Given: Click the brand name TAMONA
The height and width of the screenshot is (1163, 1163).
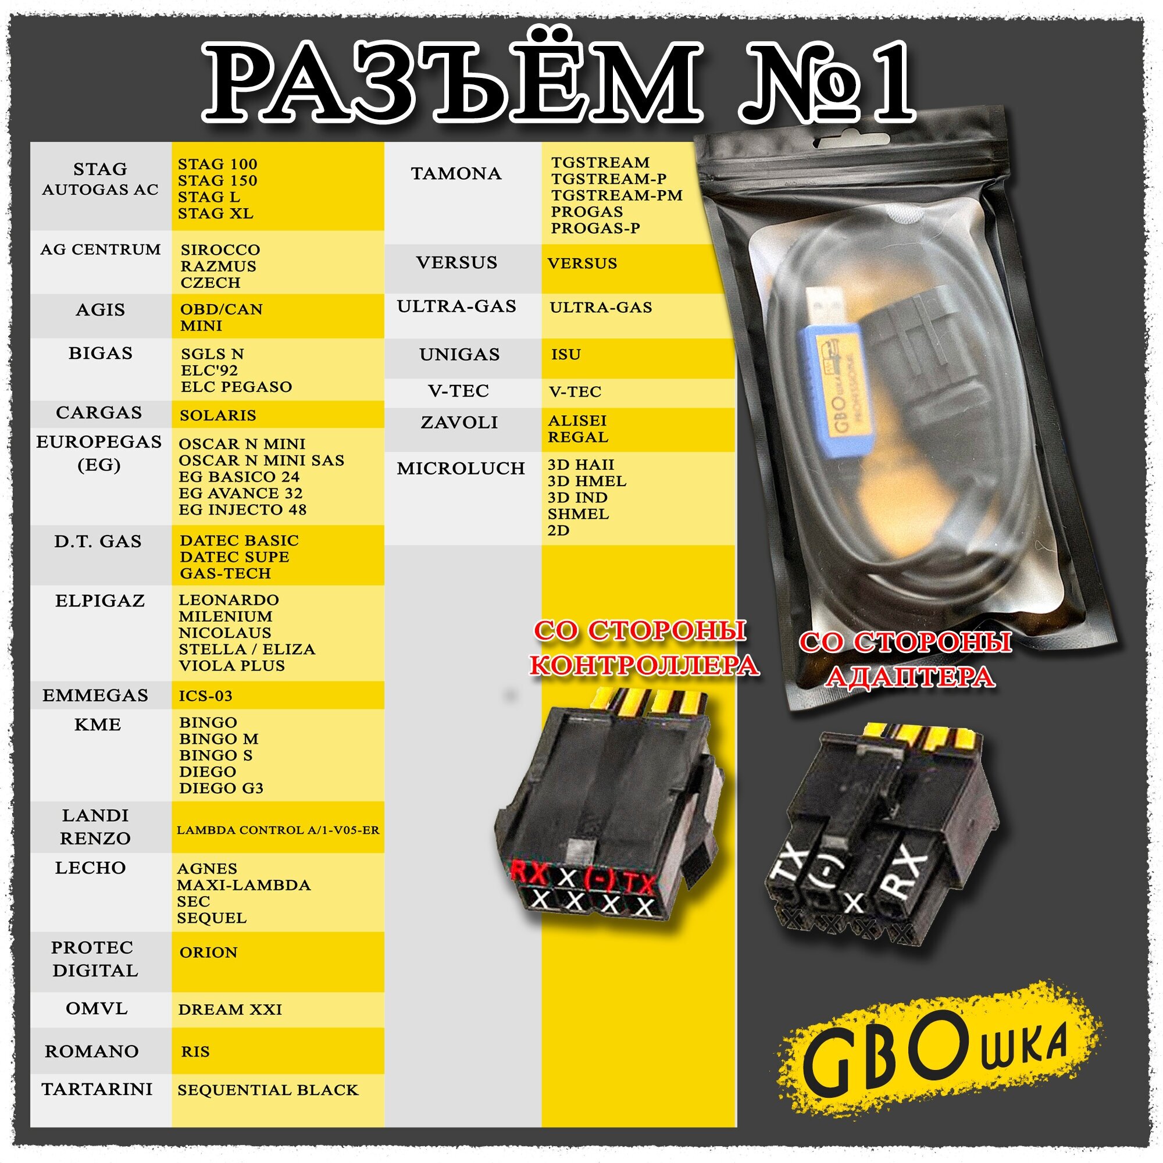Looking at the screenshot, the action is tap(456, 173).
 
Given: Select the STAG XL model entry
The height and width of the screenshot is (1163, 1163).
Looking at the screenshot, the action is tap(216, 213).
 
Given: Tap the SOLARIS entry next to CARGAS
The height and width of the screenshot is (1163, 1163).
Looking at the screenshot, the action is tap(218, 415).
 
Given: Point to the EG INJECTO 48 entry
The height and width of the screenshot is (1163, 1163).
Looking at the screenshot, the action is tap(242, 510).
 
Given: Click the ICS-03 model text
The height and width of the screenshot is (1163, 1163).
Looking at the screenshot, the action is tap(205, 696).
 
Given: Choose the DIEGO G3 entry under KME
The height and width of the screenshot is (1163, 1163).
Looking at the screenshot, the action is tap(221, 789).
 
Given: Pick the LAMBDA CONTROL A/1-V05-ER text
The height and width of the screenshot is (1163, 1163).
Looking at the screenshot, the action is tap(278, 830).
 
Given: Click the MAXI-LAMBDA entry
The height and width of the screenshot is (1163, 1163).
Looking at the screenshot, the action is tap(244, 886).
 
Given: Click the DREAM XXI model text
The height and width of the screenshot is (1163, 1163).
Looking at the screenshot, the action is tap(230, 1009).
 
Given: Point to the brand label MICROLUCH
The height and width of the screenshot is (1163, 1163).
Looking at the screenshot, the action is tap(461, 468).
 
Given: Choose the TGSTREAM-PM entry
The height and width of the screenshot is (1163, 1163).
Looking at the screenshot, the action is tap(617, 195).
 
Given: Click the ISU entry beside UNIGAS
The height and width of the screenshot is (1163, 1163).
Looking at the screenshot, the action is tap(566, 355).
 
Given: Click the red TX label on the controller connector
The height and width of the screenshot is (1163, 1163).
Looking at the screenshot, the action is tap(638, 884).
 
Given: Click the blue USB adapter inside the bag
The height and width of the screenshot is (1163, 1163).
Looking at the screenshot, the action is tap(837, 386).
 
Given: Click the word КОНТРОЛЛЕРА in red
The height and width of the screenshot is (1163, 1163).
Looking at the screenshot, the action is tap(644, 665).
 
